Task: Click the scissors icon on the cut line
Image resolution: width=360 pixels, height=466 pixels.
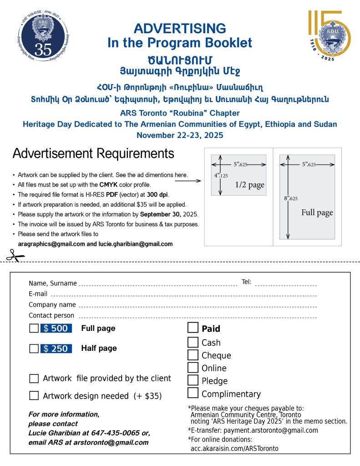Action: click(15, 256)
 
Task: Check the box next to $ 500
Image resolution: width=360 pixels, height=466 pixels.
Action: click(34, 329)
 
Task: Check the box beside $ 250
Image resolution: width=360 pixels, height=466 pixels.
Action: click(34, 349)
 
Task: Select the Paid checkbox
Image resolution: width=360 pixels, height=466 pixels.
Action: click(193, 328)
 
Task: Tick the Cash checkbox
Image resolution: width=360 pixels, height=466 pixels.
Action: click(193, 342)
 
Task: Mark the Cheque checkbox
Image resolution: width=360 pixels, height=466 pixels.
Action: click(193, 355)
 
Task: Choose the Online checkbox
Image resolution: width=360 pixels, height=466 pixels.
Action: click(193, 368)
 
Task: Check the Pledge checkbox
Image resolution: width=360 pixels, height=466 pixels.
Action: click(193, 380)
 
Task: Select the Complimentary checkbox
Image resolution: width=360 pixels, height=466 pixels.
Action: click(193, 393)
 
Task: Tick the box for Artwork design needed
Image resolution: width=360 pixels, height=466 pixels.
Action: click(34, 395)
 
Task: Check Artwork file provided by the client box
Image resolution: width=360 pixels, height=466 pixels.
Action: click(34, 378)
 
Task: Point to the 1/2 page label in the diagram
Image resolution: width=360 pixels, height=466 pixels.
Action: click(250, 185)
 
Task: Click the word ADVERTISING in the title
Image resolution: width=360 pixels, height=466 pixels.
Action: click(180, 28)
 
